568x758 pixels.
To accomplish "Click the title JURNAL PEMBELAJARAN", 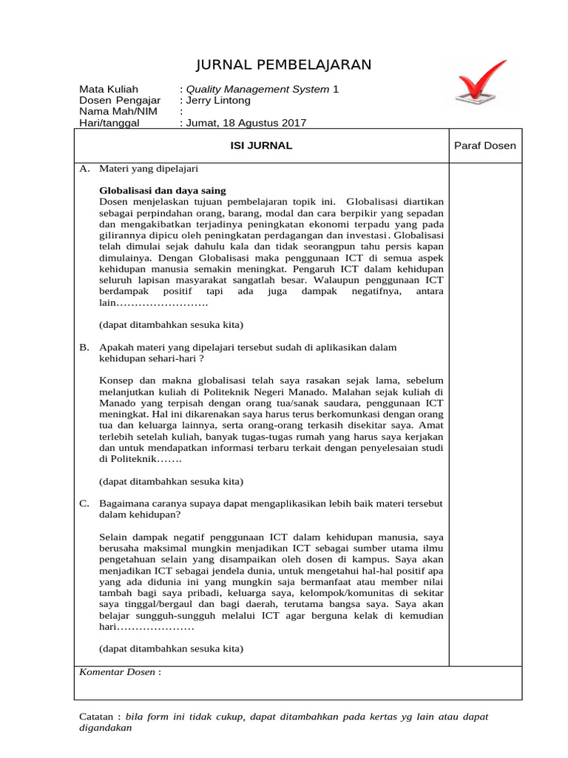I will [x=284, y=65].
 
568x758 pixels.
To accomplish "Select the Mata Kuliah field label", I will [x=109, y=89].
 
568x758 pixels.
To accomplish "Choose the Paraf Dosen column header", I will [x=484, y=146].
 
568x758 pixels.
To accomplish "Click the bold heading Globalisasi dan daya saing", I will [x=163, y=190].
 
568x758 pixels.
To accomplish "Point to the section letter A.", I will [x=84, y=169].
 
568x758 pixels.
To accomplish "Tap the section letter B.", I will [x=84, y=347].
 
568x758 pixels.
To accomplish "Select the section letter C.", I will [x=84, y=503].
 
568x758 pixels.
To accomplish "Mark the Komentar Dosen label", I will [x=118, y=672].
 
